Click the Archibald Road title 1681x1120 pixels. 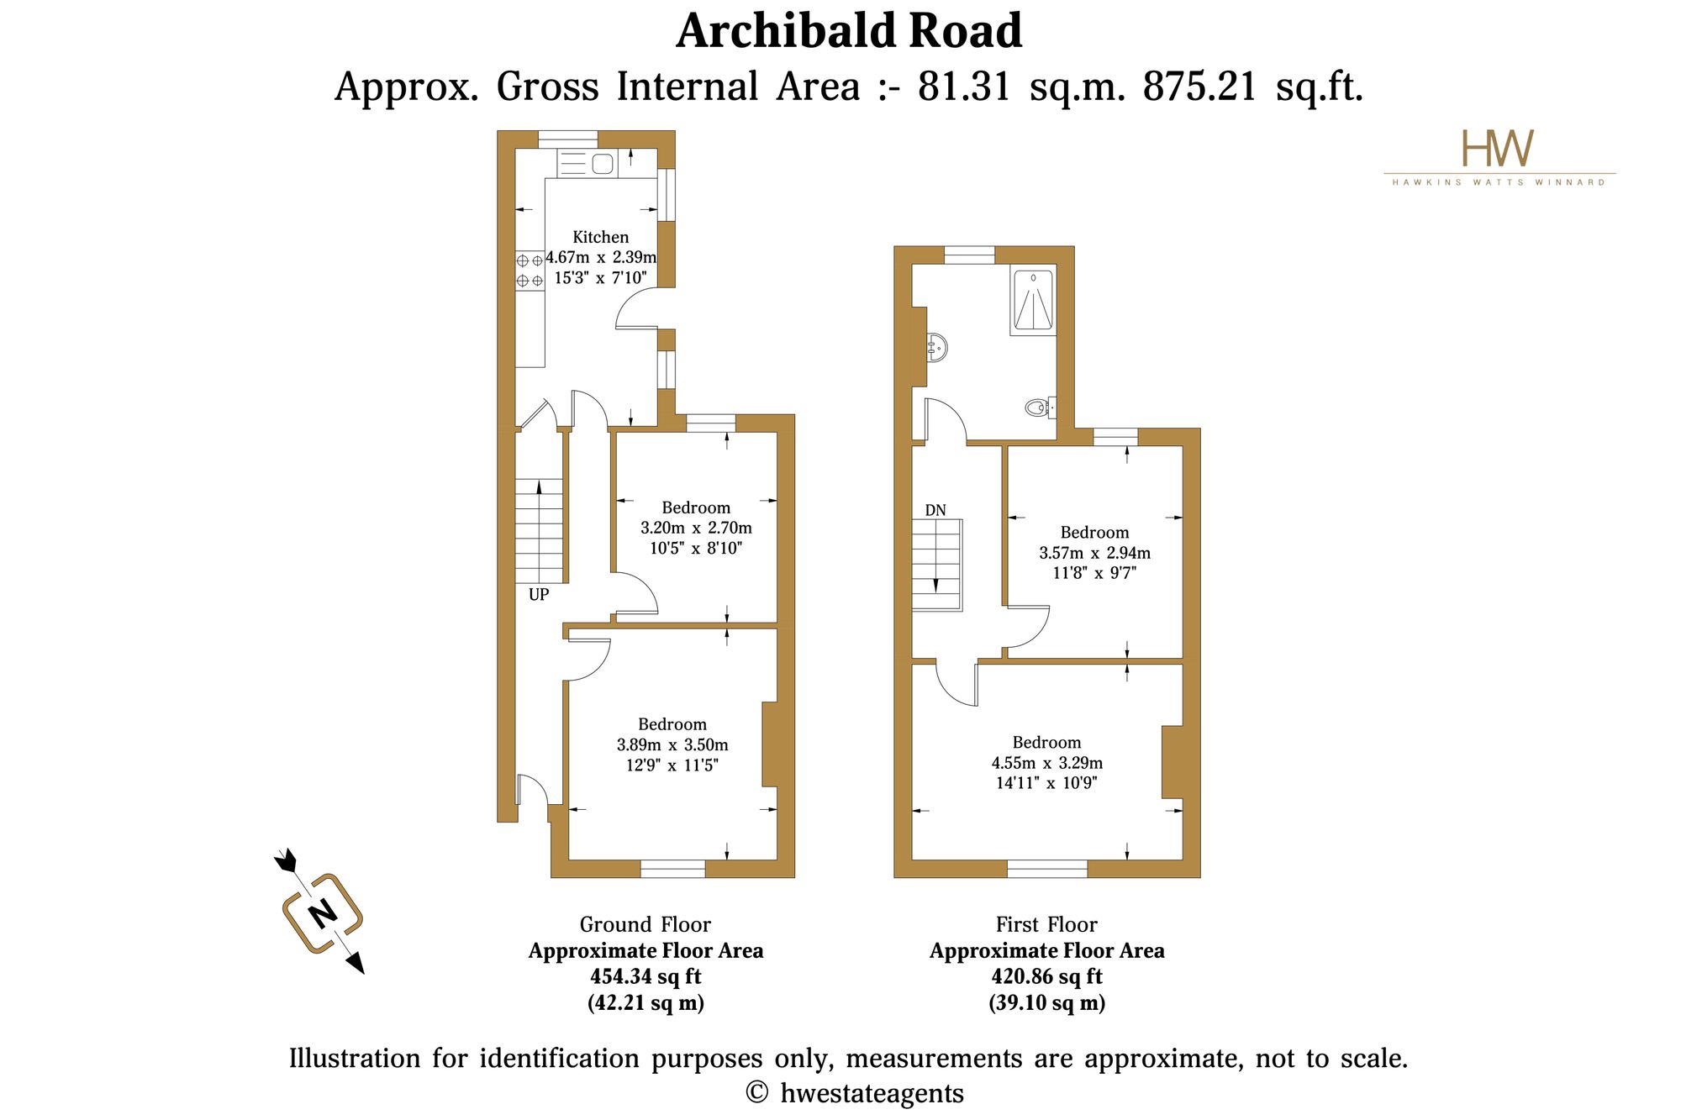click(x=849, y=31)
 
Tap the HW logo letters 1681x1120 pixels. click(x=1498, y=148)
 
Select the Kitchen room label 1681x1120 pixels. click(x=600, y=237)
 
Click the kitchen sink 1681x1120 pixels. click(x=603, y=163)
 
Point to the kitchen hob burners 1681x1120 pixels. click(x=530, y=271)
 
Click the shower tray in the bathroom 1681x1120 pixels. click(x=1033, y=301)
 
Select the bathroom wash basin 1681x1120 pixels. click(x=937, y=346)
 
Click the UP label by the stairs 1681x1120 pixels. click(x=539, y=595)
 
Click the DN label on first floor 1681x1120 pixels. click(x=935, y=510)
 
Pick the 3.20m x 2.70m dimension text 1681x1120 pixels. click(x=696, y=528)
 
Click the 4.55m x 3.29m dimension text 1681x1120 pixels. click(x=1046, y=763)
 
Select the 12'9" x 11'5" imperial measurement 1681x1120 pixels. click(x=672, y=765)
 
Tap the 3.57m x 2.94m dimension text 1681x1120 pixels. click(x=1094, y=553)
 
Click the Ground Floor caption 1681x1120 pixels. click(x=646, y=924)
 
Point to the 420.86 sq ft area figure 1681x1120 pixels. click(x=1046, y=976)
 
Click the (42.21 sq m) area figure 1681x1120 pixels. click(x=646, y=1002)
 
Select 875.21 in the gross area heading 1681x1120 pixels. click(x=1200, y=86)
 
